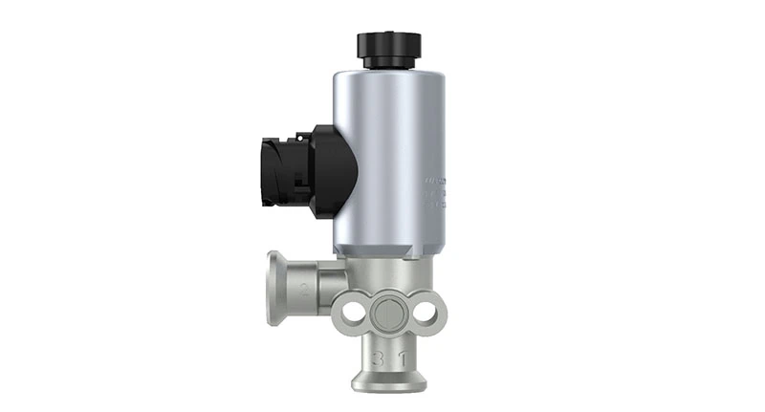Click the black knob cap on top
tap(388, 44)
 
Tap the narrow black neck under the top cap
tap(388, 63)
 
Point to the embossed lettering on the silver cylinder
tap(435, 191)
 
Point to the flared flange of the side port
tap(274, 287)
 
